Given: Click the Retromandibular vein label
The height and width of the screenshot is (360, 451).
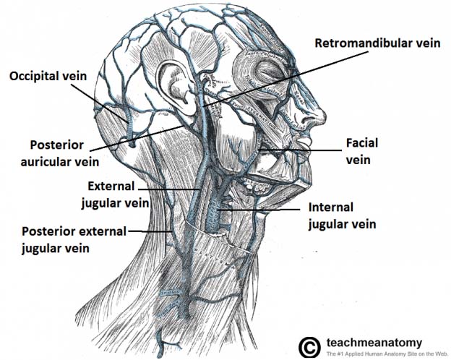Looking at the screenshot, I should click(377, 43).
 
